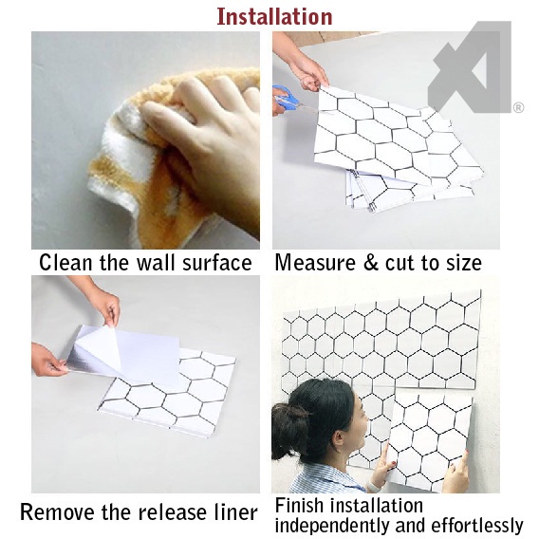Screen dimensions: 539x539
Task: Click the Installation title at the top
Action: click(x=274, y=16)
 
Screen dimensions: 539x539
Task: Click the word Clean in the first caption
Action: click(x=65, y=263)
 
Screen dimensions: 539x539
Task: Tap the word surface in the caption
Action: click(x=217, y=263)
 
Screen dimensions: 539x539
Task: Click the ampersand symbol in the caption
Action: click(x=370, y=263)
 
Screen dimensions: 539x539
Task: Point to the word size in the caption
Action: click(x=464, y=263)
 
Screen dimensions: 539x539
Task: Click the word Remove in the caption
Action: click(x=57, y=511)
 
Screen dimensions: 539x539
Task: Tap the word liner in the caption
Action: click(x=235, y=511)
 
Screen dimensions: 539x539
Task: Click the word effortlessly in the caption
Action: click(x=476, y=526)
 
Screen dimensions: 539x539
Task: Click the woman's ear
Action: click(x=340, y=440)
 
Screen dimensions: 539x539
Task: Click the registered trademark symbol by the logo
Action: click(x=518, y=108)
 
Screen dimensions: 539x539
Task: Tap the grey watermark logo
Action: click(x=470, y=67)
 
